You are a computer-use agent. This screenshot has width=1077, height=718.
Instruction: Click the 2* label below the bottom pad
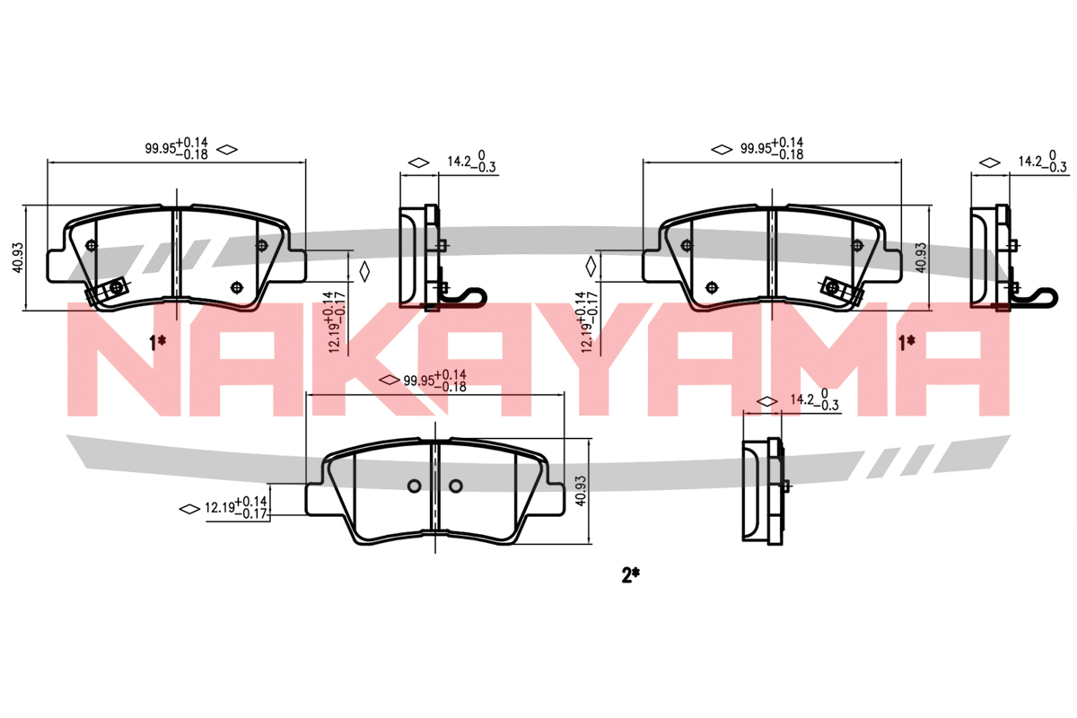630,574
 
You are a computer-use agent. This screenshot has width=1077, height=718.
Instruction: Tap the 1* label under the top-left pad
158,343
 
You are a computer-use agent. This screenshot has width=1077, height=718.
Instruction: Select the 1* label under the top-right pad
906,343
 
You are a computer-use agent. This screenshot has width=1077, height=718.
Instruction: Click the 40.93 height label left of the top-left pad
18,258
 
